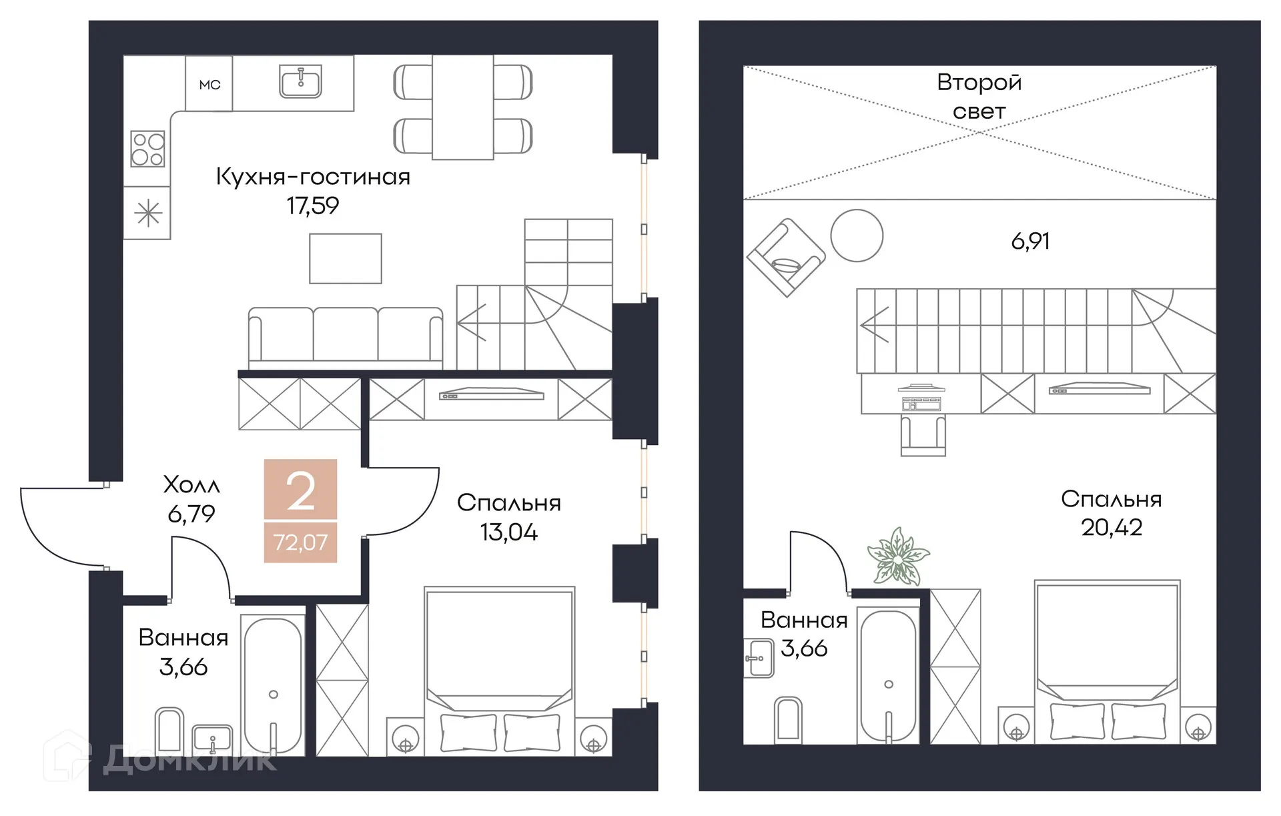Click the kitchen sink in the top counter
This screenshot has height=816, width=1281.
tap(300, 81)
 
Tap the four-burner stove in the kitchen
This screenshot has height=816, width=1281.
tap(147, 149)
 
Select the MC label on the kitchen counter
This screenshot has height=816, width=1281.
tap(209, 85)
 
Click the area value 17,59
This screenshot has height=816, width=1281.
tap(313, 206)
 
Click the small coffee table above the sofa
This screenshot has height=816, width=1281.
tap(345, 258)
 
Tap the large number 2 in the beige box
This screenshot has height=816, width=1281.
tap(300, 492)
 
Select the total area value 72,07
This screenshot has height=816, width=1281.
tap(300, 542)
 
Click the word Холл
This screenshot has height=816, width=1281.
tap(191, 485)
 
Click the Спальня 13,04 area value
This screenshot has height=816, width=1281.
tap(508, 532)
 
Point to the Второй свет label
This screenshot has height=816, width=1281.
tap(979, 96)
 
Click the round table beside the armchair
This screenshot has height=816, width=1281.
tap(857, 236)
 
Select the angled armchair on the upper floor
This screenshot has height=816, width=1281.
tap(786, 258)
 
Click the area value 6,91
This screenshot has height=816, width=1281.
tap(1030, 241)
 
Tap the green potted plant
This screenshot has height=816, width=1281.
tap(898, 556)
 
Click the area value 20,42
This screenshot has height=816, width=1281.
tap(1112, 528)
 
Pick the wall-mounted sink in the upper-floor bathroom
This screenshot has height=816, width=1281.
tap(759, 658)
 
